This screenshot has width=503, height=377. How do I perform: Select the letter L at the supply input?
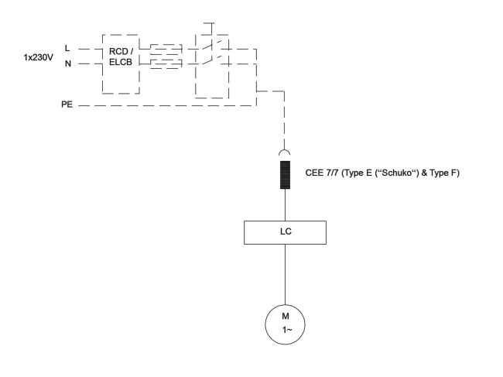(x=67, y=49)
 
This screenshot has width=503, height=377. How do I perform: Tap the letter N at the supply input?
(x=67, y=64)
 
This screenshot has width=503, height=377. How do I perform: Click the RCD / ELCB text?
(x=121, y=57)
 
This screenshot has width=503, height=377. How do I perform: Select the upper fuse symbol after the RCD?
(x=166, y=48)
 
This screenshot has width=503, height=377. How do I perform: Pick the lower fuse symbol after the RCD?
(x=166, y=63)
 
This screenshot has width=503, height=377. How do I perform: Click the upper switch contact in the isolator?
(x=208, y=46)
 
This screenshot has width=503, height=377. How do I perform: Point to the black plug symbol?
(x=286, y=172)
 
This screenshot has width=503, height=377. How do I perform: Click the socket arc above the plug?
(x=286, y=153)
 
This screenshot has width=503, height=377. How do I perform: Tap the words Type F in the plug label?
(x=444, y=172)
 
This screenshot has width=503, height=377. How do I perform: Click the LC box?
(x=286, y=231)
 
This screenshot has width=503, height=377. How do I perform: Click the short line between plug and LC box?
(x=286, y=204)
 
